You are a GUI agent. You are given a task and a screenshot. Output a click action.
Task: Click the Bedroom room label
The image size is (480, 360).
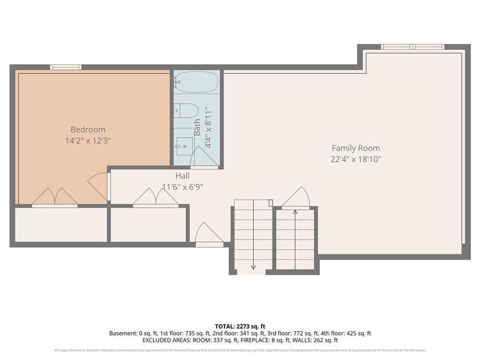[88, 130]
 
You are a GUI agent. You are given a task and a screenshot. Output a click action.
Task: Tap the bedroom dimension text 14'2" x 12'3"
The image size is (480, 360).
[88, 141]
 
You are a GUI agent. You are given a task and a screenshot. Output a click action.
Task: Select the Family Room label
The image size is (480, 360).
[356, 148]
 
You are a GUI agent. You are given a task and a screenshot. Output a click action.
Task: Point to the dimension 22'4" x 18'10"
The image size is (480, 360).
[356, 159]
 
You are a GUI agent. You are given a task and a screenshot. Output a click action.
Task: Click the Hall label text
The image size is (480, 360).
[182, 175]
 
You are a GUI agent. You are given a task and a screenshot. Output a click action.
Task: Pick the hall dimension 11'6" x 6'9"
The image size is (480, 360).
[182, 187]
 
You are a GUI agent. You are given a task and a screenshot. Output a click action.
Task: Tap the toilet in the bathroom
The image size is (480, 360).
[187, 110]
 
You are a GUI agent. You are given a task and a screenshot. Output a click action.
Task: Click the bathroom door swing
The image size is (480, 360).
[203, 158]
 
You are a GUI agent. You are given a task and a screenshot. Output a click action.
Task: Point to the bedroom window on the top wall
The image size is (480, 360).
[66, 67]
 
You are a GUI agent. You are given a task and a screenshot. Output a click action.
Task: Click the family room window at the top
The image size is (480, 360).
[413, 47]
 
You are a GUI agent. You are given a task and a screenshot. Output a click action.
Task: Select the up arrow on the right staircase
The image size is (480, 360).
[295, 213]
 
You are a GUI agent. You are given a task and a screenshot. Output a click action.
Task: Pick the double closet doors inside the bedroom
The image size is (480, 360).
[54, 197]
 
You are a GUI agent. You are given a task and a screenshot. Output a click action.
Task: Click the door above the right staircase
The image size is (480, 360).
[297, 197]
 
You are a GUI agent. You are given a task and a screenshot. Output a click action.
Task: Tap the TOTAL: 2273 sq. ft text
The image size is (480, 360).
[240, 326]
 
